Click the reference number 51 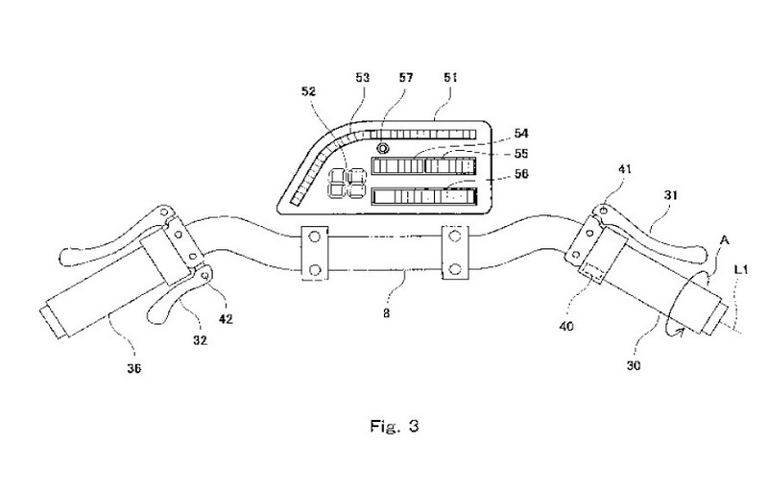[x=450, y=78]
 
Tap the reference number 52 [x=309, y=91]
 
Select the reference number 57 [x=406, y=78]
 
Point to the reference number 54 [x=521, y=134]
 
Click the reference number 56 [x=521, y=174]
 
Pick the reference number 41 [x=625, y=169]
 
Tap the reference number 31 [x=670, y=195]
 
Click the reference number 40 [x=566, y=325]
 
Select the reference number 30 [x=634, y=365]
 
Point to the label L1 [x=741, y=269]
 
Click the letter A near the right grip [x=724, y=240]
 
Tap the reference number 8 [x=387, y=313]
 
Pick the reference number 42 [x=226, y=319]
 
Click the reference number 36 [x=133, y=368]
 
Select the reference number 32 [x=200, y=339]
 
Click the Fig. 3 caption [x=395, y=426]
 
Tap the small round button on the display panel [x=383, y=147]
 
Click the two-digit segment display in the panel [x=347, y=183]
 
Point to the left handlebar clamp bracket [x=315, y=253]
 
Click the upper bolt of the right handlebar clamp [x=455, y=236]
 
